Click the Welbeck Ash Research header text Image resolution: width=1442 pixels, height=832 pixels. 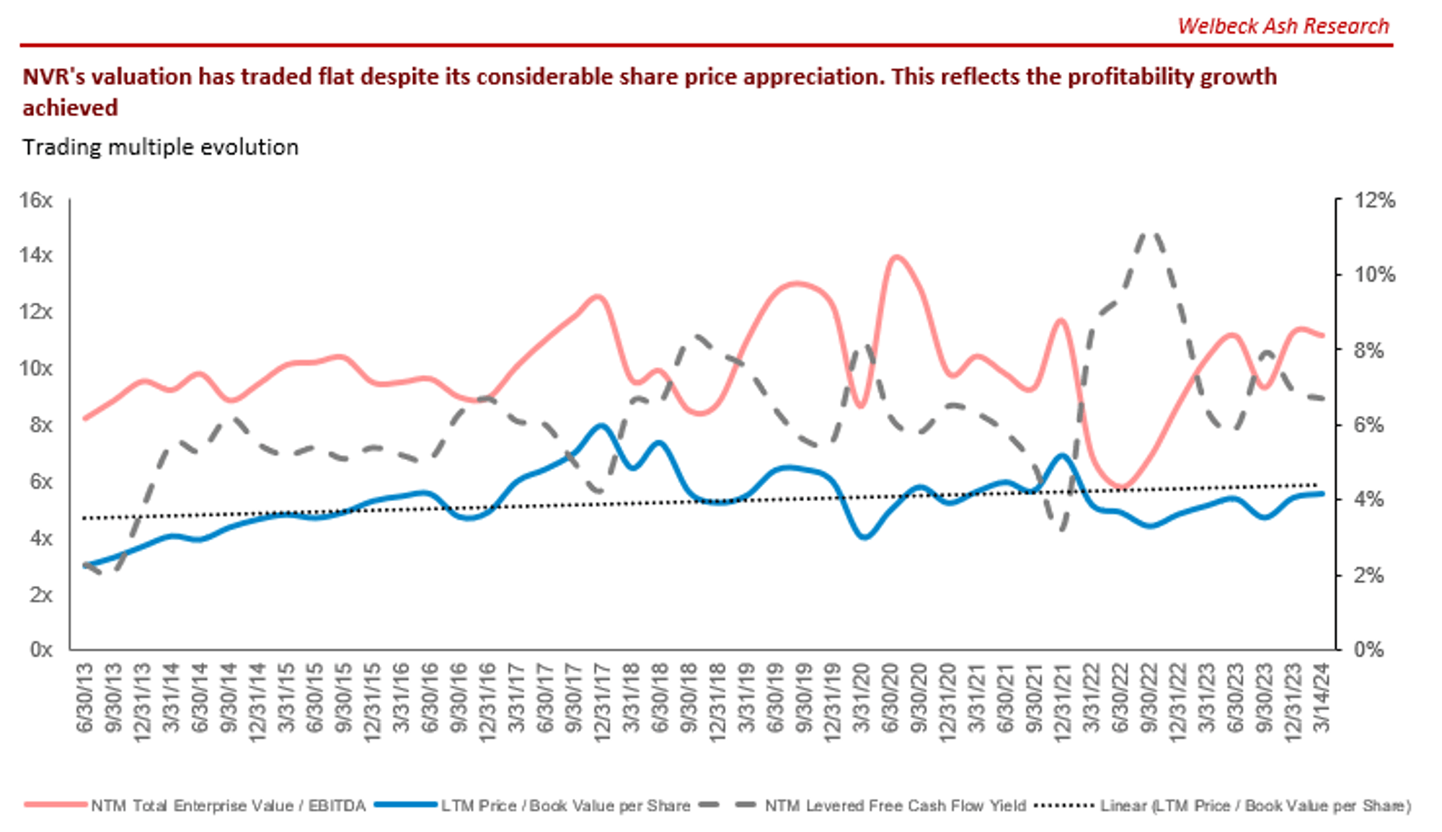point(1283,26)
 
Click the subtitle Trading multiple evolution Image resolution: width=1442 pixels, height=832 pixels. point(160,147)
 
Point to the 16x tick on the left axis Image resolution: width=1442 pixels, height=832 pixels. point(36,200)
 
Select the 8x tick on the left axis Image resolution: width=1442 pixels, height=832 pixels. point(41,425)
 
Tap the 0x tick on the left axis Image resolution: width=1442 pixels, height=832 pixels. point(41,650)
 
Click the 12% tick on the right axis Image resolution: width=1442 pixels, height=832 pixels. point(1374,200)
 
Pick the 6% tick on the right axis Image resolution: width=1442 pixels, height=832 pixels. point(1368,425)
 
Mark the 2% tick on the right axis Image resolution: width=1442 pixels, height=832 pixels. point(1368,575)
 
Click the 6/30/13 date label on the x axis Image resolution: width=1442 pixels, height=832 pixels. point(85,698)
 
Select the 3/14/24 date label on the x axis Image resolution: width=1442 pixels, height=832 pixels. point(1322,698)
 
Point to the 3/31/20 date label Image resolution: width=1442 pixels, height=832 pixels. point(861,698)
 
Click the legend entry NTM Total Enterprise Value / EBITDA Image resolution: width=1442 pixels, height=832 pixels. point(228,805)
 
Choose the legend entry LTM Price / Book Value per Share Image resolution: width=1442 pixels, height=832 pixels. point(565,805)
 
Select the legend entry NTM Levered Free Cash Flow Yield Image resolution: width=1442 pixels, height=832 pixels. point(895,805)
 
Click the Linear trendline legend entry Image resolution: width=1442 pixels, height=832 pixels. point(1255,805)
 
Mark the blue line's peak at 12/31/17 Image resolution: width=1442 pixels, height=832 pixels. point(601,425)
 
